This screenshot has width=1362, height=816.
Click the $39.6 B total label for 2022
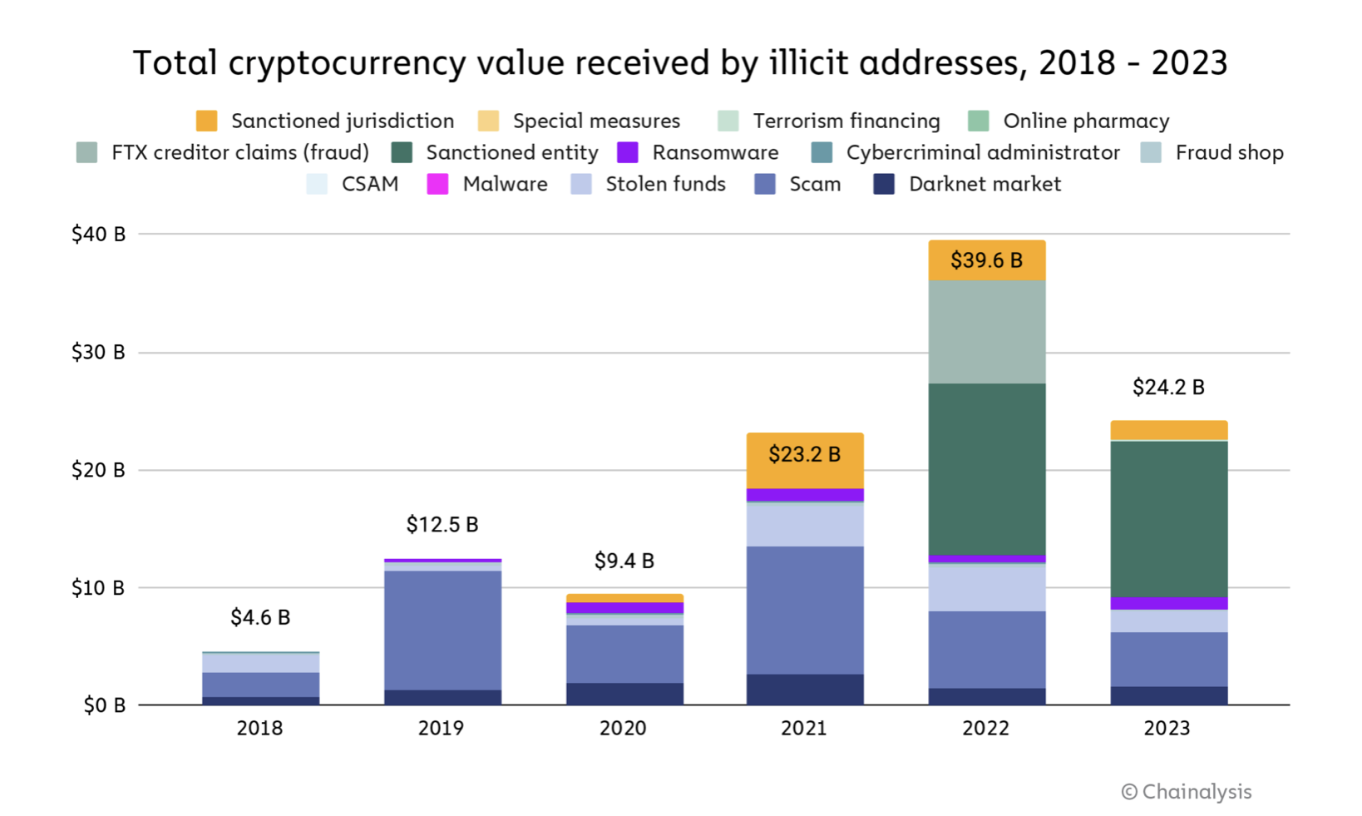tap(986, 260)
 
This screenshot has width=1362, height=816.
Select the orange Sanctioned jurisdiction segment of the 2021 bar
tap(805, 462)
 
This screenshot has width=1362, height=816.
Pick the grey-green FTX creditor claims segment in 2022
tap(986, 332)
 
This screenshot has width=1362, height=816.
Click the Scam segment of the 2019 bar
tap(442, 630)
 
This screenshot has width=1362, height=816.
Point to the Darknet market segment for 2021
tap(805, 690)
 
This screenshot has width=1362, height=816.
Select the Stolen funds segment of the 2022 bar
tap(986, 588)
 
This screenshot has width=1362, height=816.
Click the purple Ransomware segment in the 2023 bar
tap(1168, 603)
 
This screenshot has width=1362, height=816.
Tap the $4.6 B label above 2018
tap(260, 617)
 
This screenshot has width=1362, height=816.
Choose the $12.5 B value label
tap(442, 525)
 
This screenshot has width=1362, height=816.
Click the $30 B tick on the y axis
tap(98, 353)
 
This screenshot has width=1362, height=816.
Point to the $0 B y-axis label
tap(104, 705)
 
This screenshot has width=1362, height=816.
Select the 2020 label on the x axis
tap(623, 729)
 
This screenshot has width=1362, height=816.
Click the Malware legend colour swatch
tap(437, 184)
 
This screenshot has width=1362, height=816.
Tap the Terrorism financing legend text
tap(846, 121)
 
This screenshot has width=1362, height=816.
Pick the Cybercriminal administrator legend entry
tap(982, 153)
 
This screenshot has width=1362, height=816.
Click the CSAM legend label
tap(370, 184)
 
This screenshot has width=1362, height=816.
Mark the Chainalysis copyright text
tap(1187, 792)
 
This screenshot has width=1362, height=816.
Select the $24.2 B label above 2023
tap(1168, 388)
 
